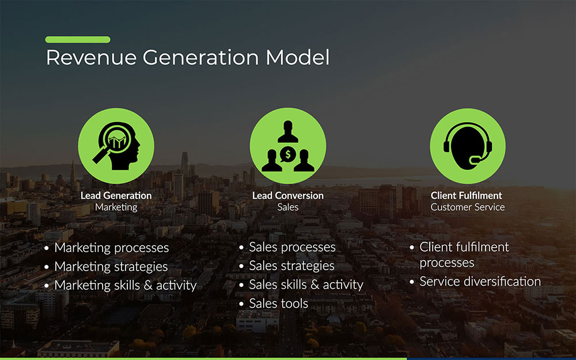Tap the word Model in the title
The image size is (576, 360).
click(298, 57)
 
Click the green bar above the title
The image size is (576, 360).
click(78, 40)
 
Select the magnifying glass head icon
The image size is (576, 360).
click(116, 146)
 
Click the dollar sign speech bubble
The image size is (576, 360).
click(288, 154)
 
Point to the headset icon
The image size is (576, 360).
click(468, 146)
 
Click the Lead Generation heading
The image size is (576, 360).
click(116, 195)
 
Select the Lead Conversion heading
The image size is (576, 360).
click(288, 195)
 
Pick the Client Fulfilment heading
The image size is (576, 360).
click(467, 195)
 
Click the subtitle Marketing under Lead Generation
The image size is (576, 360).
click(116, 207)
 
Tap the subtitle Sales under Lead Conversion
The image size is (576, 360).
click(288, 207)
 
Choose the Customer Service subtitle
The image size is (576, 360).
click(468, 207)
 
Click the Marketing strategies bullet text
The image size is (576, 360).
click(111, 267)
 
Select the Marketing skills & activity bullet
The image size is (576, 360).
click(126, 286)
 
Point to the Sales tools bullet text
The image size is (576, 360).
click(278, 304)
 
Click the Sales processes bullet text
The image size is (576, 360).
click(293, 248)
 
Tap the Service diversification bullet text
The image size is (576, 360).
click(480, 282)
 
